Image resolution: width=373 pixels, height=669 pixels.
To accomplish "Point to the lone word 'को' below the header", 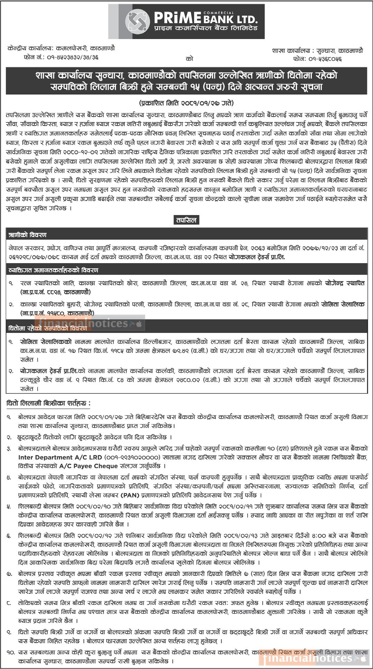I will tap(189, 59).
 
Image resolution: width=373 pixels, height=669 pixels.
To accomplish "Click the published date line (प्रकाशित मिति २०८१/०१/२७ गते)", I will tap(187, 103).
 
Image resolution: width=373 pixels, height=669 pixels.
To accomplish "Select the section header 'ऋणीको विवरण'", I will tap(28, 235).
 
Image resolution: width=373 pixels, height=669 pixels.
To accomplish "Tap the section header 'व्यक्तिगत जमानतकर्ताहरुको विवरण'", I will tap(54, 270).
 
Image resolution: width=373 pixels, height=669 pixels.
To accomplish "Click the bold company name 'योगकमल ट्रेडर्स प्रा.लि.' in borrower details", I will tap(257, 257).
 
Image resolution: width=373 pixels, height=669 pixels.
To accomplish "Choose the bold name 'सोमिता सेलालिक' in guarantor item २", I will tap(343, 305).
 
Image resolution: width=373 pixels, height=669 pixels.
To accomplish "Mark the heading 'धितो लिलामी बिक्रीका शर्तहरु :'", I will tap(49, 403).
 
